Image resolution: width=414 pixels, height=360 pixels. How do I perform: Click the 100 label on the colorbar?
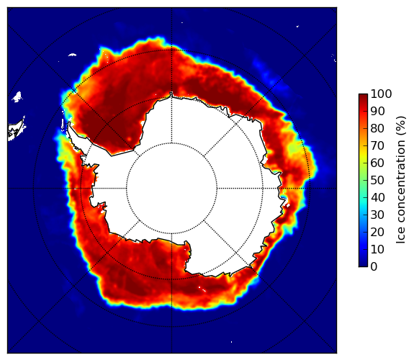coord(381,94)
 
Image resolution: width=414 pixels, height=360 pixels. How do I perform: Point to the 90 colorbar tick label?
coord(377,111)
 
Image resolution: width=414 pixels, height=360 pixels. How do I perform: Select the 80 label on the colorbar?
coord(377,129)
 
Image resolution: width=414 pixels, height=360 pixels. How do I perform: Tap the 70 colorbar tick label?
coord(377,145)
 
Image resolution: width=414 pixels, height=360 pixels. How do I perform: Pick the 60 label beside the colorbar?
coord(377,163)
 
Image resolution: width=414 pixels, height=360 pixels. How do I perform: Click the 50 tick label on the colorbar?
coord(377,181)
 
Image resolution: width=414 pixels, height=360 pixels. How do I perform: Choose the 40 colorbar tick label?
coord(377,197)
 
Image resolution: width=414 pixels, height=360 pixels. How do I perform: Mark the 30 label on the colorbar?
coord(377,215)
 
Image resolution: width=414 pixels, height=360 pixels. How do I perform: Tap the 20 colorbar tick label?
coord(377,232)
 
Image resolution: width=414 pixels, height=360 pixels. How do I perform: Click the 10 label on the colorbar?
coord(377,249)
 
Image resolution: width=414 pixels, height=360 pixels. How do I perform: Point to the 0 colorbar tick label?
coord(374,267)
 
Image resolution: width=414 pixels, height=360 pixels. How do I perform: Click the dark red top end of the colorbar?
coord(363,96)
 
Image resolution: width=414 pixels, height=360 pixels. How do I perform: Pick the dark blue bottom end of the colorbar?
coord(363,265)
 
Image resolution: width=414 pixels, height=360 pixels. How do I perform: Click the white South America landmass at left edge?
coord(15,131)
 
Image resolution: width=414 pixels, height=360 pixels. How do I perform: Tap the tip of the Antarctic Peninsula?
coord(69,123)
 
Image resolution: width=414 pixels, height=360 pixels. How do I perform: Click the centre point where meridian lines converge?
coord(171,189)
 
